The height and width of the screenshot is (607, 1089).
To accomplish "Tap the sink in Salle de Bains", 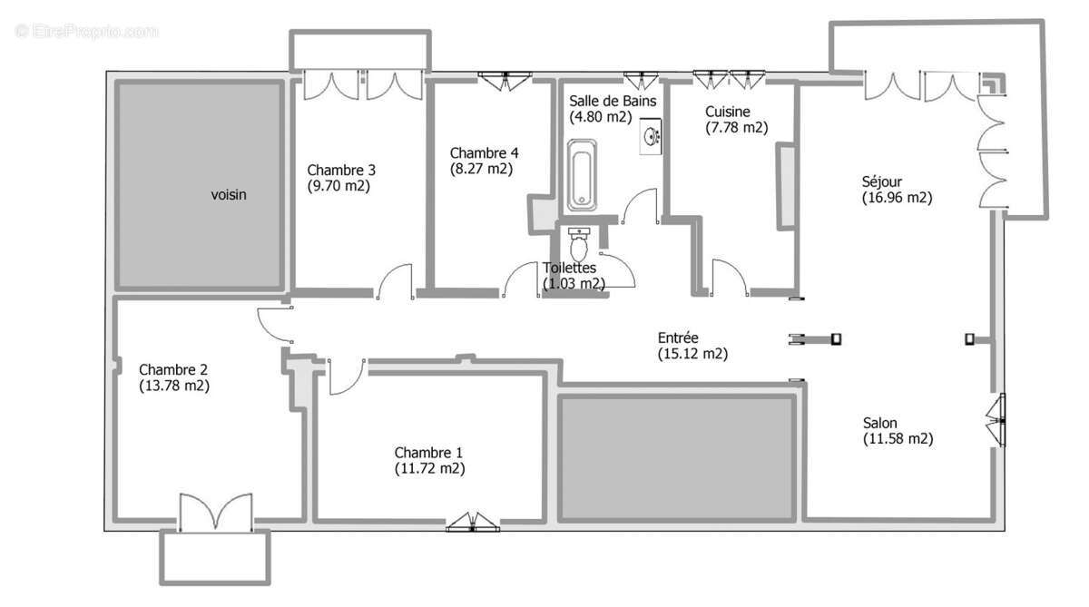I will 651,137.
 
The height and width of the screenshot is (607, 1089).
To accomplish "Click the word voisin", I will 229,194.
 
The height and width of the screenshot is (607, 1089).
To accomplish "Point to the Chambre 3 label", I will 341,170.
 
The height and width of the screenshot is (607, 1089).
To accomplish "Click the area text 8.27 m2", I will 481,168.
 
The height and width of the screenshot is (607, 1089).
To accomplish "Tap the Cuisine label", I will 728,112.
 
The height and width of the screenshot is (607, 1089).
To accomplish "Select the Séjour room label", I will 882,181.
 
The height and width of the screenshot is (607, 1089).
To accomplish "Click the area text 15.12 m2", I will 692,354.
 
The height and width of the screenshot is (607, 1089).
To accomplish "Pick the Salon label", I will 879,423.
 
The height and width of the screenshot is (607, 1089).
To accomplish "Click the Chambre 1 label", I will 428,453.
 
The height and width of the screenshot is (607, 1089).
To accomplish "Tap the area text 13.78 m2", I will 174,385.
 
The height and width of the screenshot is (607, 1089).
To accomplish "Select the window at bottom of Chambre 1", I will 472,522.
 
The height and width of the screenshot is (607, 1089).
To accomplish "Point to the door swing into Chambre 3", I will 396,281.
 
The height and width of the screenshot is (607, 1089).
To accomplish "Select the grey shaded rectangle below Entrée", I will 677,457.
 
